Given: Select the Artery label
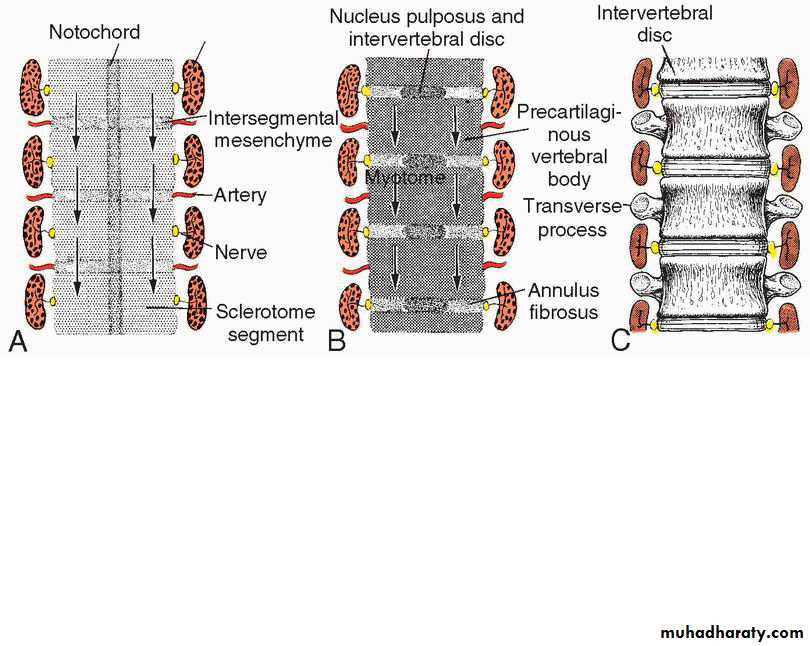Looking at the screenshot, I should tap(240, 195).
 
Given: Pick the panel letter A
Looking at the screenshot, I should tap(18, 341).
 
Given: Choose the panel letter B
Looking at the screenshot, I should tap(336, 341).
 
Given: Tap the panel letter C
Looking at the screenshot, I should tap(620, 341).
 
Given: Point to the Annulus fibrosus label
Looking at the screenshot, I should tap(563, 301).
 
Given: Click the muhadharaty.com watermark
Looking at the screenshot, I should tap(732, 632).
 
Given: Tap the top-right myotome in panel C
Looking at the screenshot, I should tap(790, 84).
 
